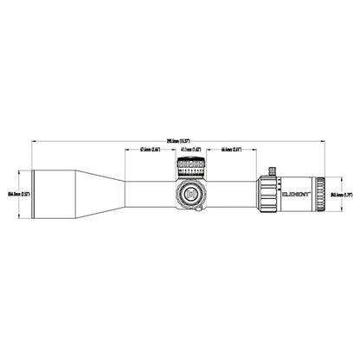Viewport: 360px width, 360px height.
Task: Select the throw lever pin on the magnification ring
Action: (x=269, y=170)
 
